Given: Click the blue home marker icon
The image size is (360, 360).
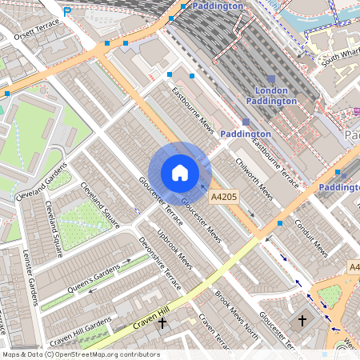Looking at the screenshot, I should click(180, 173).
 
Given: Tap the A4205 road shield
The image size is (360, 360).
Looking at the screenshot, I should click(224, 196).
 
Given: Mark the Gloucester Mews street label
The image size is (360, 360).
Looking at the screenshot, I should click(201, 220).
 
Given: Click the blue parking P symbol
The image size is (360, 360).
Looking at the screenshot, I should click(67, 12).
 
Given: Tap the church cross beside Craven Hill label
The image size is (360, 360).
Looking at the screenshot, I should click(162, 323).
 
